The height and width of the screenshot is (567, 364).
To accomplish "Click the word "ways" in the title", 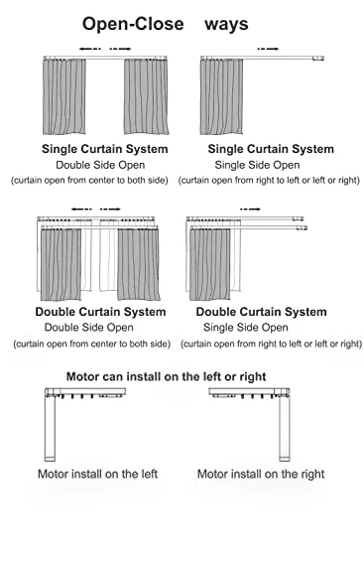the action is coord(226,25).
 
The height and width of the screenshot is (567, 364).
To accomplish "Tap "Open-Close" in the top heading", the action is coord(133,24).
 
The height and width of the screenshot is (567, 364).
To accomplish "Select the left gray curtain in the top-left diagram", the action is coord(64,96).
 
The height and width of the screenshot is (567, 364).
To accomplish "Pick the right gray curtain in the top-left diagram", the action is coord(146,96).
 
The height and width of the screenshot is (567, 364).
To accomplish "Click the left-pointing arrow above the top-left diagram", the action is coord(90,49).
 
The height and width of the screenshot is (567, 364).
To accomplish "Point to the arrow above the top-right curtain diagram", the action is coord(268,49).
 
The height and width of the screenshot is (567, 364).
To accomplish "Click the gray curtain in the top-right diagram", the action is coord(221,96).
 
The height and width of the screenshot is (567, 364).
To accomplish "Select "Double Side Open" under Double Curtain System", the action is coord(89,328).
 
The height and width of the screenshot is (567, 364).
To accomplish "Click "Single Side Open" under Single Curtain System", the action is coord(257,165).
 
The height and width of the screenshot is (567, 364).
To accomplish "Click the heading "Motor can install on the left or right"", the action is coord(166,376).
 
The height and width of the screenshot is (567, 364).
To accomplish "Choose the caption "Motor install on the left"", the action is coord(97,474).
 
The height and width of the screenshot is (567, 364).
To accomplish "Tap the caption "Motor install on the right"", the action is coord(261,474).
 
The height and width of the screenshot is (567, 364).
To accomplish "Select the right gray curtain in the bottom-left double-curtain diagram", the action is coord(138,264).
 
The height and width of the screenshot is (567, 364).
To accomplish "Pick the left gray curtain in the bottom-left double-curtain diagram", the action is coord(61,264).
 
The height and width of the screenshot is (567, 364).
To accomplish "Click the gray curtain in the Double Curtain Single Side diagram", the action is coord(210,264).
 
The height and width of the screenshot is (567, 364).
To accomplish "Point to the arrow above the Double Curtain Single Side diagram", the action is coord(250,209).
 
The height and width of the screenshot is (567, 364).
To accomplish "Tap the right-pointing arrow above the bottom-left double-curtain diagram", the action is coord(110,209).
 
